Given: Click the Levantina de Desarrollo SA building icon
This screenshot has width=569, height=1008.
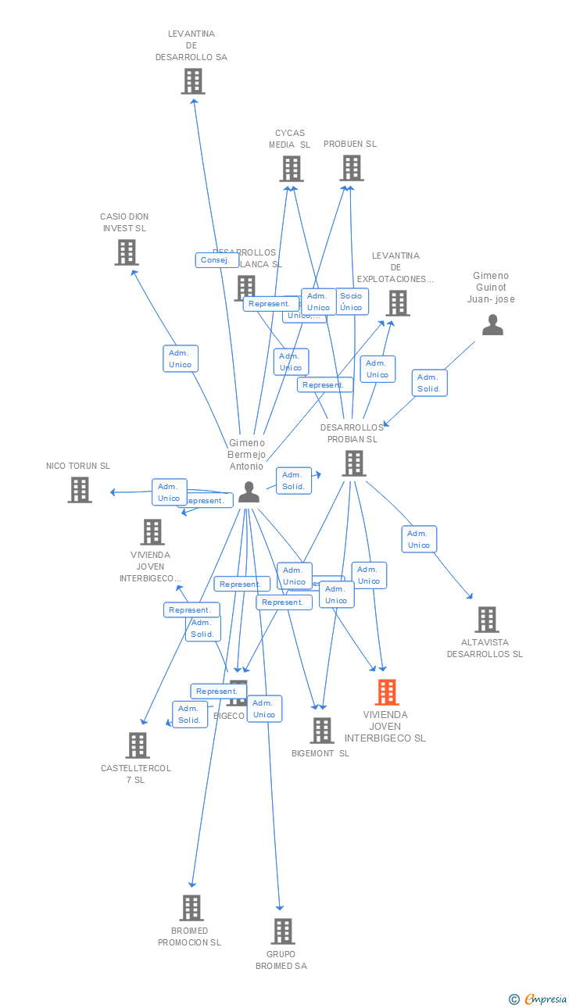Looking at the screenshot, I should pos(193,81).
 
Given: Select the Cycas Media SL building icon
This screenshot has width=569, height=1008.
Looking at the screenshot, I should pos(291,169).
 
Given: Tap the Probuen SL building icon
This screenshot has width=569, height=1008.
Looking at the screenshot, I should pos(352,168).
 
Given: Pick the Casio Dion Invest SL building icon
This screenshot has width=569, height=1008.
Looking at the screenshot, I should pos(127,252).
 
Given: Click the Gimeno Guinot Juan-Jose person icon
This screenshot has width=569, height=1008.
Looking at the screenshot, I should pos(492,324).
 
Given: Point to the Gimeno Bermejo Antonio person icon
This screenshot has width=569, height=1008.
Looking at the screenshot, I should pos(249,491).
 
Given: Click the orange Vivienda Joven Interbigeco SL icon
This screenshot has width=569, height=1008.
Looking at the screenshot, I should pos(387,692).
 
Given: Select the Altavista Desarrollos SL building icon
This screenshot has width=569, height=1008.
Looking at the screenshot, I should pos(487,620).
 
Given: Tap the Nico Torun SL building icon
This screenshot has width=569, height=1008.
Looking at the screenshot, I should pos(80,490).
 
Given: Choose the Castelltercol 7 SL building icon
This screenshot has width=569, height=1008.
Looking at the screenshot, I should pos(138,745).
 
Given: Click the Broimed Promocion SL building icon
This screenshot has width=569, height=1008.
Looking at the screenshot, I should pos(191,908).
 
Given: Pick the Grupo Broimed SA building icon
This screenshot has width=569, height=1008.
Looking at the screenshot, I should pos(283,931).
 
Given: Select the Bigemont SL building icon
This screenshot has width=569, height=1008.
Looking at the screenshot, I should pos(321,731).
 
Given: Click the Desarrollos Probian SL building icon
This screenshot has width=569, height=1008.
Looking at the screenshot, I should pos(353,463).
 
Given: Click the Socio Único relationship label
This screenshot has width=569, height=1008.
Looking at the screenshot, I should pos(351,302).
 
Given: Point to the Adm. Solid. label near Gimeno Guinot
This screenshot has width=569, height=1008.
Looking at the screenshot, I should pos(429,383).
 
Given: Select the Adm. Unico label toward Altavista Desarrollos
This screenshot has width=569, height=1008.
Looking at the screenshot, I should pos(419,539).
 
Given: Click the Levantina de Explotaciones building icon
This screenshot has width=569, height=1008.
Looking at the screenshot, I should pos(398,303).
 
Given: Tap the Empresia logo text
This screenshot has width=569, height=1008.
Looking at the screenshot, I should pos(545,999).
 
